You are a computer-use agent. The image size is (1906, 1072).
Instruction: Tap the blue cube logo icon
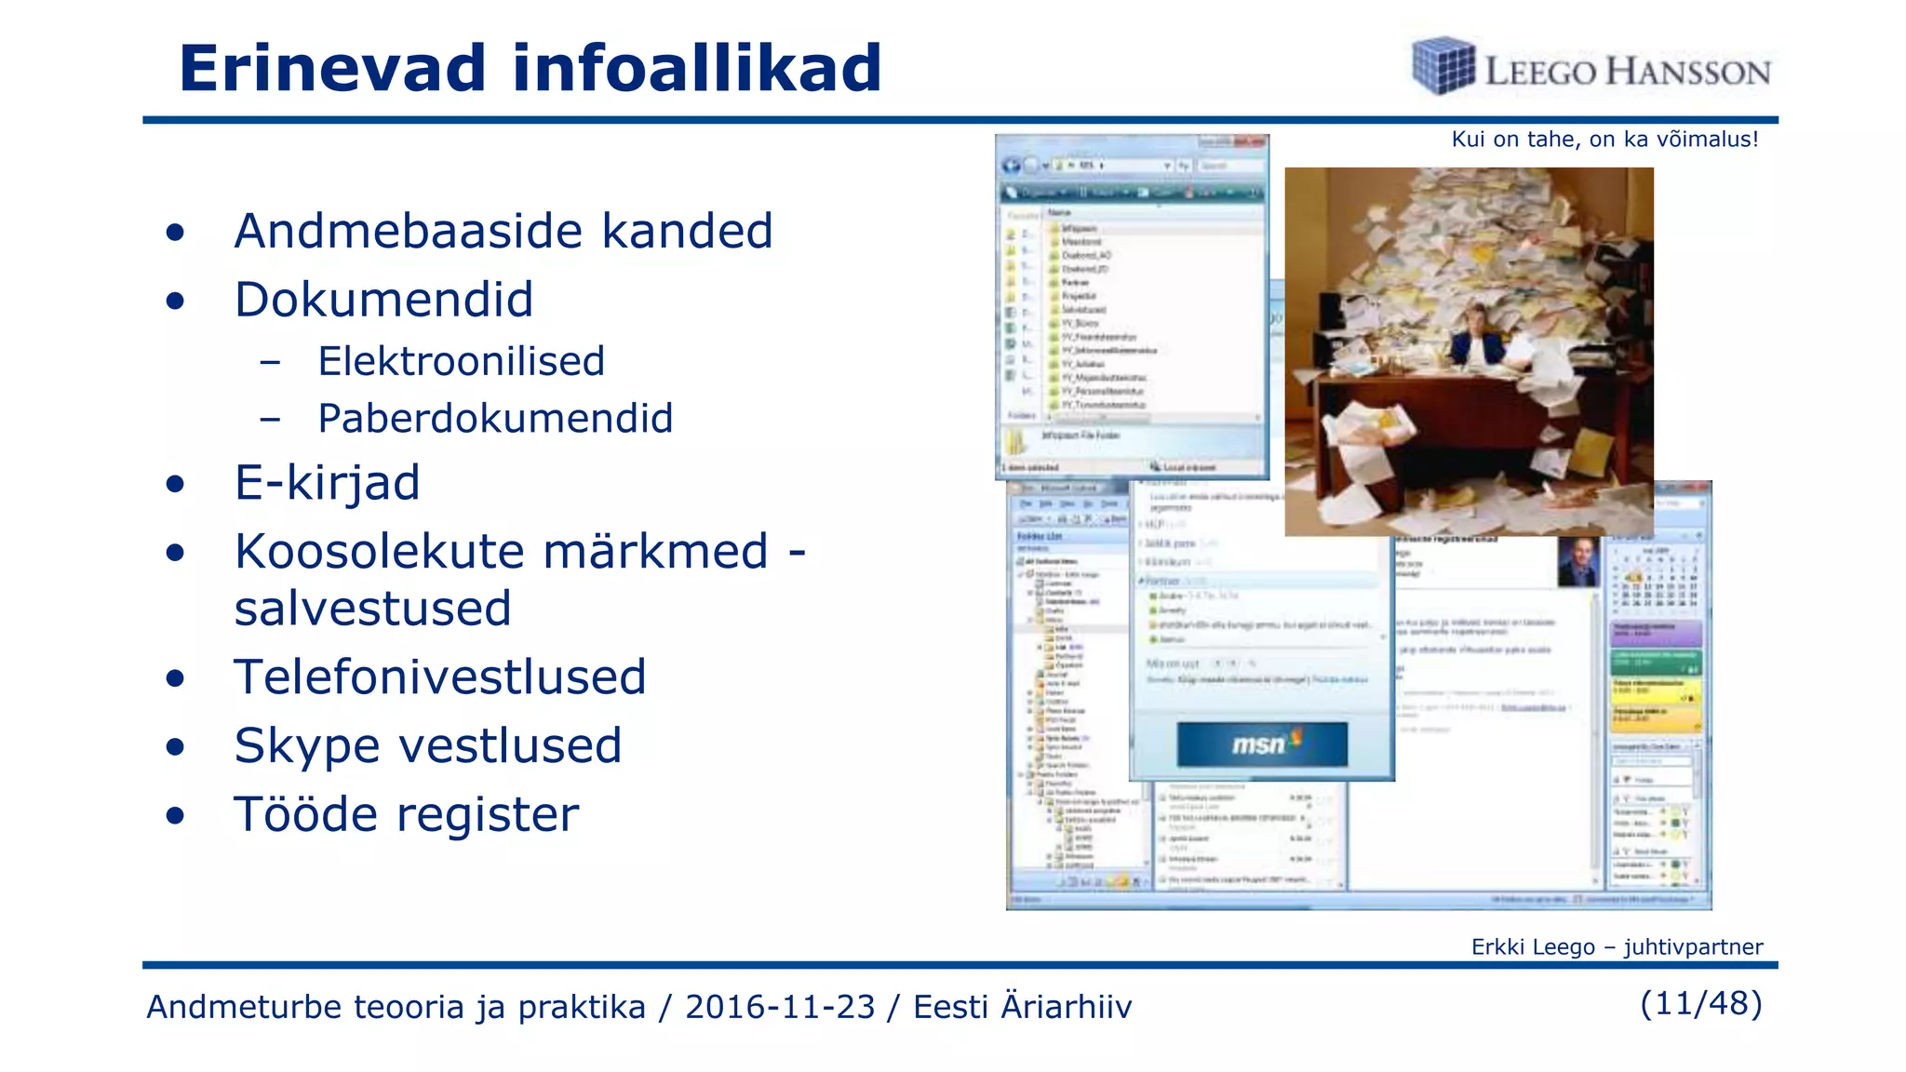tap(1443, 65)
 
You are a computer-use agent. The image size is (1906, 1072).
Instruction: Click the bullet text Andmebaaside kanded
tap(503, 231)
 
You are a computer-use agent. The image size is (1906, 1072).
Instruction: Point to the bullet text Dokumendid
tap(383, 300)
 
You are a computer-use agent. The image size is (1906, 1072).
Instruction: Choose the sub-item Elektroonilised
tap(461, 361)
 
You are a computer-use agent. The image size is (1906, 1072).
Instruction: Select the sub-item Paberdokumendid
tap(495, 419)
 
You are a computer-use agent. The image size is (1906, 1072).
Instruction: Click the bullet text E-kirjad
tap(327, 483)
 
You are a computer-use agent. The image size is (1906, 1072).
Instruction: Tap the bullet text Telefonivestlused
tap(439, 677)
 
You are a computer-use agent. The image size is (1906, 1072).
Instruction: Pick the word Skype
tap(307, 746)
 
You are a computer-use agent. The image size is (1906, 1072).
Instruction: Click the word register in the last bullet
tap(489, 814)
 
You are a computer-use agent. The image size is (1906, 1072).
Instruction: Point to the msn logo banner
tap(1262, 744)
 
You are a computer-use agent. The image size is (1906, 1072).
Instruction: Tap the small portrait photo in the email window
tap(1577, 562)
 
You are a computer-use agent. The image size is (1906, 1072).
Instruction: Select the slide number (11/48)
tap(1701, 1003)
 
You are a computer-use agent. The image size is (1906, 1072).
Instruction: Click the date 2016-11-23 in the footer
tap(780, 1007)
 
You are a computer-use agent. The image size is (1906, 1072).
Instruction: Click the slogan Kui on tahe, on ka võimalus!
tap(1604, 140)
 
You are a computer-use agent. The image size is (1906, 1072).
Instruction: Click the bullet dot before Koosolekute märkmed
tap(175, 553)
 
